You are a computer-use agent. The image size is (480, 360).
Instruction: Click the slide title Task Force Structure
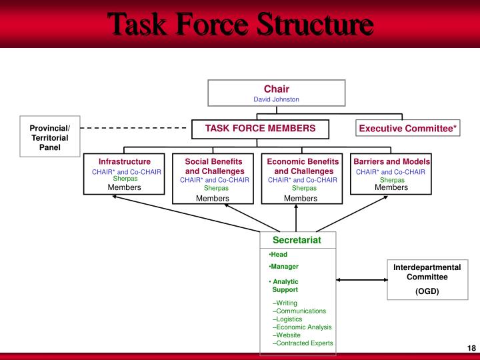[240, 25]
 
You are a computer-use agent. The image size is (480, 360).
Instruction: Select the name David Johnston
[276, 99]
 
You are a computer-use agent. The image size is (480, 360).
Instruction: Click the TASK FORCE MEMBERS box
[260, 128]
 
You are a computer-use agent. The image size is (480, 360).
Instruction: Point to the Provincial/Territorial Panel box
[49, 137]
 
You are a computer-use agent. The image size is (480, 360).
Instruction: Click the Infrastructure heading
[125, 161]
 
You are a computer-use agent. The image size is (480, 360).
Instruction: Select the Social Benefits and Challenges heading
[215, 166]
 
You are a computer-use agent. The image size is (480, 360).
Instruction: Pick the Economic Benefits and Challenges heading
[303, 166]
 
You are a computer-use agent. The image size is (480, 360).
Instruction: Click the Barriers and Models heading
[391, 161]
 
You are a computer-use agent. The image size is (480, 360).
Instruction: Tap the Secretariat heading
[297, 240]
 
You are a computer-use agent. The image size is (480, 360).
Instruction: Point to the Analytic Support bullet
[285, 286]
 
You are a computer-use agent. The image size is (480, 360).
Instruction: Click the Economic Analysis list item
[302, 327]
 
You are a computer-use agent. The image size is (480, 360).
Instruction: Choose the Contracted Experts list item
[303, 343]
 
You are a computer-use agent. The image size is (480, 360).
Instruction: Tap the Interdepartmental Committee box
[427, 279]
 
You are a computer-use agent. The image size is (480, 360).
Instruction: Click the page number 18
[471, 349]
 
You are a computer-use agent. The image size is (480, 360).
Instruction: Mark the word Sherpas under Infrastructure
[125, 179]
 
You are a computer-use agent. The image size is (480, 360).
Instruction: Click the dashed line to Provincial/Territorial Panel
[133, 127]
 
